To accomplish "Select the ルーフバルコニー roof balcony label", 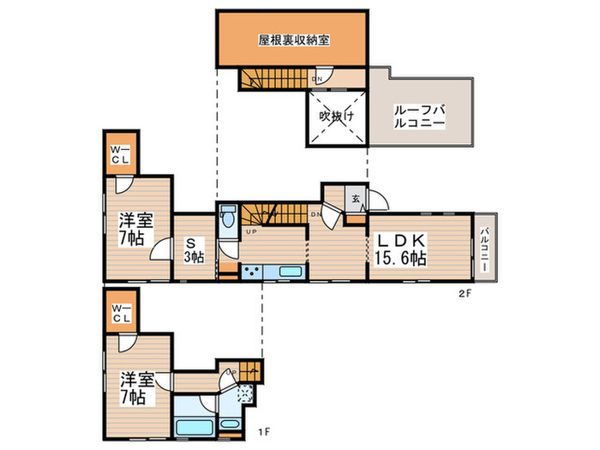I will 419,116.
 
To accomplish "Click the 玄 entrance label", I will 355,201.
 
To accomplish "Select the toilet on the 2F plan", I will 227,219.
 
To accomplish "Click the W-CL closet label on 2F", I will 119,155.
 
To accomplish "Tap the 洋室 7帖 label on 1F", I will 135,387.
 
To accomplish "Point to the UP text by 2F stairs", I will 251,232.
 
